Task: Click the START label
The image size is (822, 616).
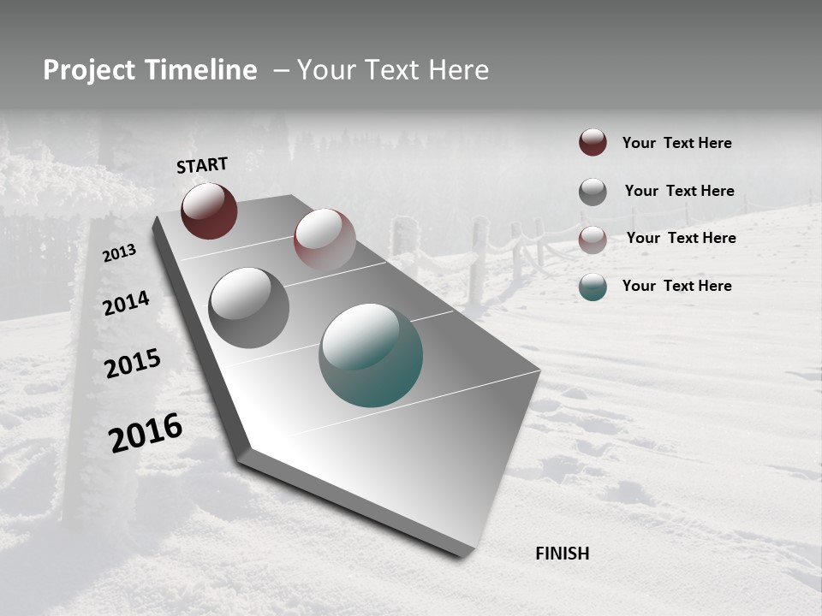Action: [202, 165]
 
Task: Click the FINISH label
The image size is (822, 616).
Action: [562, 554]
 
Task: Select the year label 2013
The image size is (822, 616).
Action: [120, 253]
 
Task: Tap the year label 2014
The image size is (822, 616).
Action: [126, 303]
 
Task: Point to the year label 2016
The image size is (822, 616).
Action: [146, 433]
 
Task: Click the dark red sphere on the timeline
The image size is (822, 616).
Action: [209, 211]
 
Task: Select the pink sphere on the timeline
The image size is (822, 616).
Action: [325, 239]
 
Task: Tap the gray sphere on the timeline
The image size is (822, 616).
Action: [248, 308]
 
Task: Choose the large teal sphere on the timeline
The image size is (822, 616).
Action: [371, 355]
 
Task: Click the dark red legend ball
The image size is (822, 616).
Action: [593, 143]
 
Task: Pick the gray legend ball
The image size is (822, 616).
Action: [593, 192]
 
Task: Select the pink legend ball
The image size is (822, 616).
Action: [593, 239]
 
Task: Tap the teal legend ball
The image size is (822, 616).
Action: [593, 287]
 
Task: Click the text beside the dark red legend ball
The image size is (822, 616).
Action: [676, 143]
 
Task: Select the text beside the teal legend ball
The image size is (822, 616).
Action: [676, 286]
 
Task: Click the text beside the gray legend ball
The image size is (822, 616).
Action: [679, 191]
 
